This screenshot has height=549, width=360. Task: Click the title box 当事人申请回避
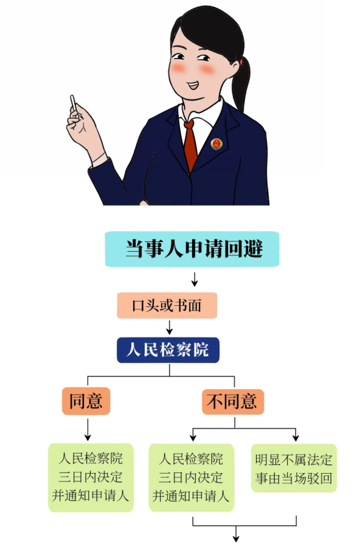pos(192,249)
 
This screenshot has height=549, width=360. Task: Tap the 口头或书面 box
pos(167,306)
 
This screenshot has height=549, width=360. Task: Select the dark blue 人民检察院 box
pos(168,350)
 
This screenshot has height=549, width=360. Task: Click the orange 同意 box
pos(86,401)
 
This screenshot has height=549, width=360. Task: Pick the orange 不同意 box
pos(233,402)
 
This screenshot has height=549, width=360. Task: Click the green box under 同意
pos(91,478)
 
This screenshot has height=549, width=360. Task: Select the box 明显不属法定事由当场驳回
pos(294,469)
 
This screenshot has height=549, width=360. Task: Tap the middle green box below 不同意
pos(191,478)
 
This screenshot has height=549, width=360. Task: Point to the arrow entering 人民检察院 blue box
pos(170,327)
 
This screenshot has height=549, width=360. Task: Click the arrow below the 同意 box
pos(88,429)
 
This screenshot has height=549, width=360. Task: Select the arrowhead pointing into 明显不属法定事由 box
pos(296,438)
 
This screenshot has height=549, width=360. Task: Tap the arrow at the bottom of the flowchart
pos(237,534)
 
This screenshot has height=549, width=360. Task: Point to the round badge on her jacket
pos(216,143)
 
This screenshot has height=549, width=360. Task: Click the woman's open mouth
pos(193,85)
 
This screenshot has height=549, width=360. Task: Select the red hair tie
pos(241,62)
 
